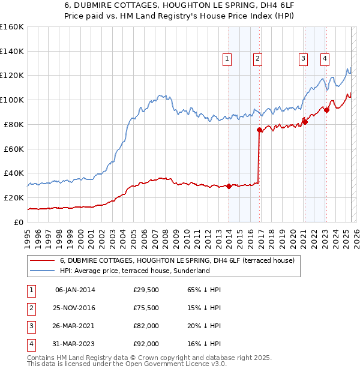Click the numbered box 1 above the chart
[228, 58]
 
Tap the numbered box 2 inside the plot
[257, 58]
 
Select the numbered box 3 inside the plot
[303, 58]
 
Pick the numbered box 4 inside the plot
[325, 58]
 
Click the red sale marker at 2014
[229, 186]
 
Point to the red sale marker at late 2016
[260, 130]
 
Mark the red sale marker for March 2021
[305, 122]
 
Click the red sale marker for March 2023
[326, 109]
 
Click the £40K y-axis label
[13, 173]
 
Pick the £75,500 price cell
[146, 308]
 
